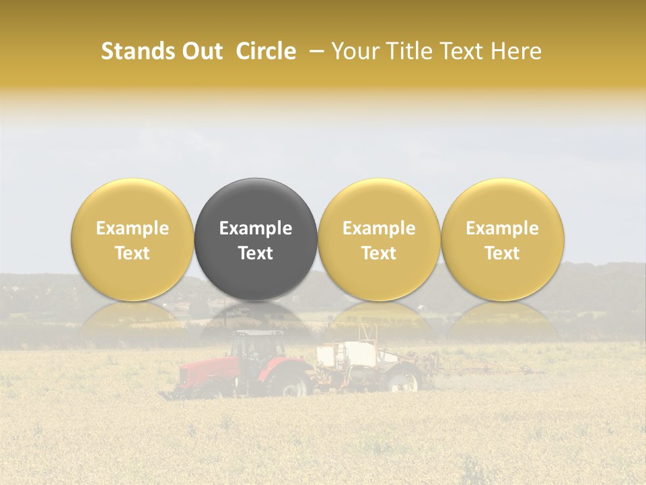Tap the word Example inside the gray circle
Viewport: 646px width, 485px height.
[256, 228]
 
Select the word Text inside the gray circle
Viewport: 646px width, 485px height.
[256, 253]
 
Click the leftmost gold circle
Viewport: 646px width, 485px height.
[132, 239]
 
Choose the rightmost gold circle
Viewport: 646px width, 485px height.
[503, 239]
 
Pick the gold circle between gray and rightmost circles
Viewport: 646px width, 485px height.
[379, 239]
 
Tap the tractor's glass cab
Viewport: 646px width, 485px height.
[257, 347]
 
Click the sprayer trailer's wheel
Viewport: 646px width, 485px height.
[402, 381]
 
